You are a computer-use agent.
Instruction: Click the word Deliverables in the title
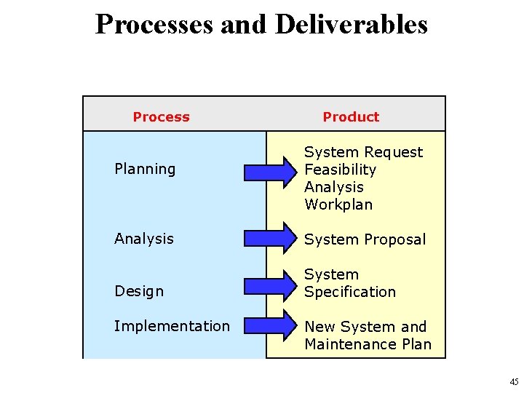352,25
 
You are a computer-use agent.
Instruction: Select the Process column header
161,116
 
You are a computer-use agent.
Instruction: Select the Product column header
351,116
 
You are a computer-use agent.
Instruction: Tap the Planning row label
145,169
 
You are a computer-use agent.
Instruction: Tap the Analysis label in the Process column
144,239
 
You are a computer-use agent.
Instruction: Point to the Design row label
139,291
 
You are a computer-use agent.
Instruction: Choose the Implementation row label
172,326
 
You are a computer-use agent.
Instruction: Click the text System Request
363,152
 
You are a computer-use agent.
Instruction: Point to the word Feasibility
340,170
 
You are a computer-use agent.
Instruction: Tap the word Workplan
338,205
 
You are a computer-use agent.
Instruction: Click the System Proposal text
365,239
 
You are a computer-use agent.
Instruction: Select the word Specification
350,292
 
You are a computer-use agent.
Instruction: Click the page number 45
514,382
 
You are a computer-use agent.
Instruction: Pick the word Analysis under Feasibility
334,187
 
